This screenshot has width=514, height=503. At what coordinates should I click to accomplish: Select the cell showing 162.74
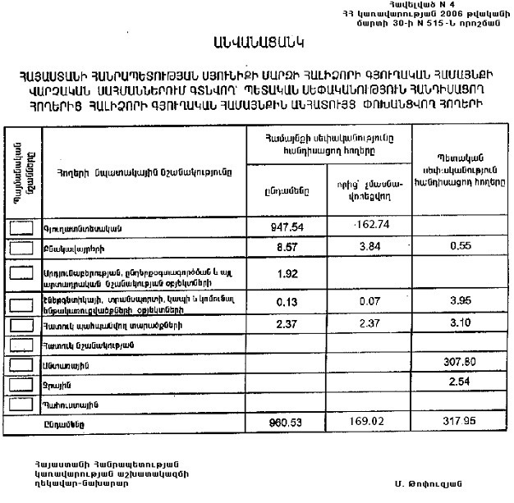pos(361,225)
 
